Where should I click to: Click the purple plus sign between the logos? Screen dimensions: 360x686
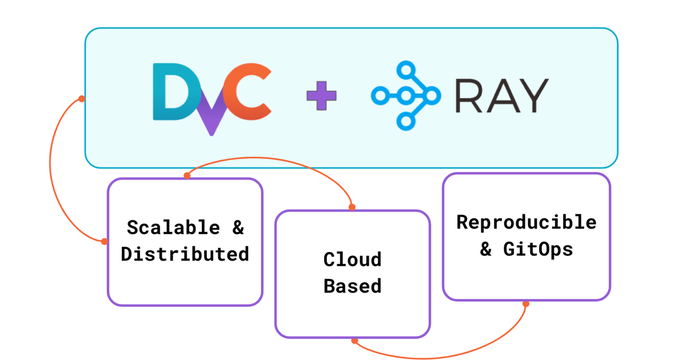coord(321,96)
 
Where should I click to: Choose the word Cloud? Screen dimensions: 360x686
coord(352,259)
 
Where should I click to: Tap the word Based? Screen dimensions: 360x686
coord(352,286)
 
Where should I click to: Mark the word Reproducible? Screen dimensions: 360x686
coord(526,222)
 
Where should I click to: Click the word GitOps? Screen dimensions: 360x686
coord(538,249)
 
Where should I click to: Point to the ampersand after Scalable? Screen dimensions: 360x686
coord(238,227)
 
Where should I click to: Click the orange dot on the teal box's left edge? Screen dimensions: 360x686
coord(82,99)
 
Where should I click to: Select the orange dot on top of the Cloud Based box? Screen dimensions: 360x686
coord(352,207)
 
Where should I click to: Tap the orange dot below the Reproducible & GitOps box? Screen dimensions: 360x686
coord(526,304)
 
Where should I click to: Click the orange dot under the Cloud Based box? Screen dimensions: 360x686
coord(354,341)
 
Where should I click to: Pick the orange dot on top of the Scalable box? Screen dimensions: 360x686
coord(187,176)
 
